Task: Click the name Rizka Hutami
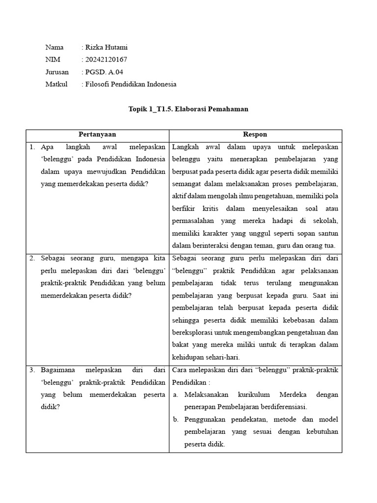click(107, 48)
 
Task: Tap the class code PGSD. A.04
click(104, 72)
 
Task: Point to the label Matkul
click(56, 84)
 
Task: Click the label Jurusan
click(57, 72)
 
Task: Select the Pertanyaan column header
click(97, 135)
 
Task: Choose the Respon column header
click(255, 135)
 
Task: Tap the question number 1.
click(32, 147)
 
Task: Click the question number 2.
click(32, 258)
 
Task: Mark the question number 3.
click(32, 369)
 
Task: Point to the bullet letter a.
click(175, 394)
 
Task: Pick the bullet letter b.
click(175, 419)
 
